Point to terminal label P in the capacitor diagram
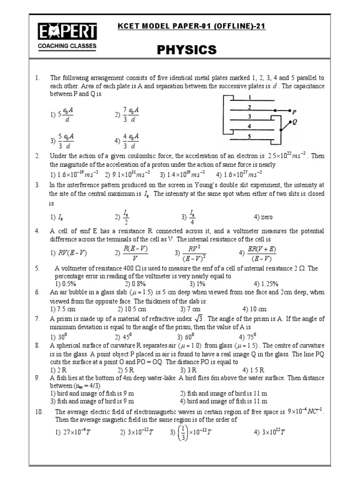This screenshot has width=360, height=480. click(294, 112)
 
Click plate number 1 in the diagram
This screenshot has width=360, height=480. click(250, 97)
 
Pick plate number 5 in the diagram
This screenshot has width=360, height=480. click(250, 136)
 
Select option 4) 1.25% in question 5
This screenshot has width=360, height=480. click(266, 284)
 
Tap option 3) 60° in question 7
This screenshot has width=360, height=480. click(186, 337)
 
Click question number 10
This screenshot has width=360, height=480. click(39, 412)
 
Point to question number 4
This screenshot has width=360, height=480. click(37, 231)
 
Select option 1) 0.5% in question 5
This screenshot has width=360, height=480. click(66, 284)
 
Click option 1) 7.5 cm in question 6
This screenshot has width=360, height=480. click(64, 309)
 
